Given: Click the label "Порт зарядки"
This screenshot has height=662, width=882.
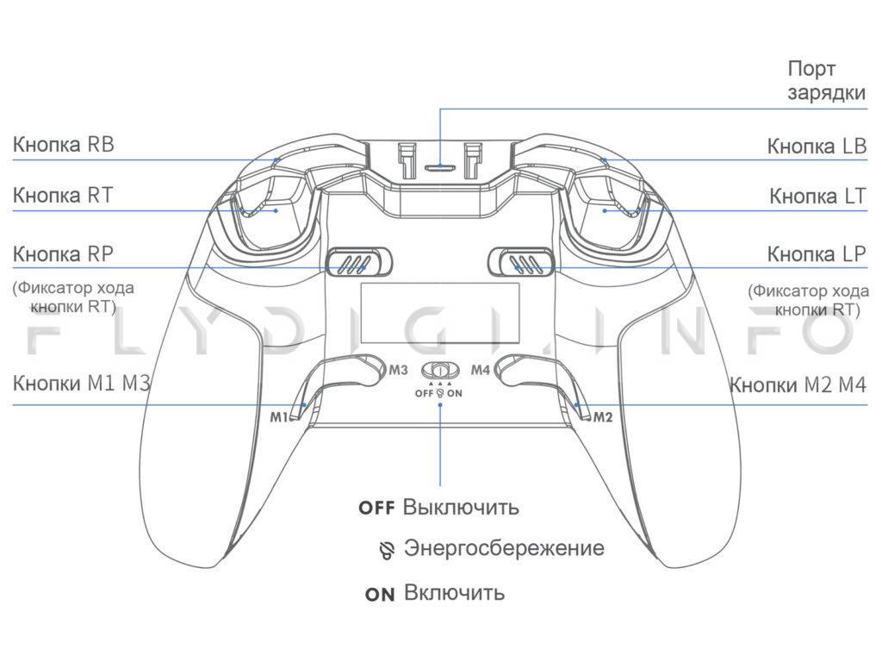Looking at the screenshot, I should pyautogui.click(x=826, y=81).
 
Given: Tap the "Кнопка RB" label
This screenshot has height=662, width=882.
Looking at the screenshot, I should pyautogui.click(x=63, y=144).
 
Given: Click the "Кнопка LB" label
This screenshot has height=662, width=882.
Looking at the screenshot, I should pyautogui.click(x=817, y=146).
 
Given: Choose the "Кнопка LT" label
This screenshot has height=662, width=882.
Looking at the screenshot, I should pyautogui.click(x=817, y=197).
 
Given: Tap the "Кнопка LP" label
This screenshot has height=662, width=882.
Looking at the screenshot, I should pyautogui.click(x=817, y=255).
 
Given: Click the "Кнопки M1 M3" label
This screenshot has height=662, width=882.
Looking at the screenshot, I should pyautogui.click(x=81, y=384).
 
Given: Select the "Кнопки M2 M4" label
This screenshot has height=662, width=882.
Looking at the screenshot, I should pyautogui.click(x=798, y=384).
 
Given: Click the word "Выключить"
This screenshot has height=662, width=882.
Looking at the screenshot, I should pyautogui.click(x=461, y=506).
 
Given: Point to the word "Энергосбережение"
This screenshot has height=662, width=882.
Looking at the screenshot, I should pyautogui.click(x=504, y=548).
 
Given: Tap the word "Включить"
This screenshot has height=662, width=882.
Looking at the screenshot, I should pyautogui.click(x=454, y=593).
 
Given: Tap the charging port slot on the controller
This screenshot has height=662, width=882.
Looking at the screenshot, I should pyautogui.click(x=440, y=165).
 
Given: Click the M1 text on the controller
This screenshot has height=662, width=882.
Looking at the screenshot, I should pyautogui.click(x=278, y=417).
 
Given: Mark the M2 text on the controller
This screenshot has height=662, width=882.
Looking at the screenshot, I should pyautogui.click(x=602, y=417).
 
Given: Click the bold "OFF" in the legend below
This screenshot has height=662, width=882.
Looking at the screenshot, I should pyautogui.click(x=376, y=508).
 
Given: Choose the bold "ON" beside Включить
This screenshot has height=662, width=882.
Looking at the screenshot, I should pyautogui.click(x=380, y=595).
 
